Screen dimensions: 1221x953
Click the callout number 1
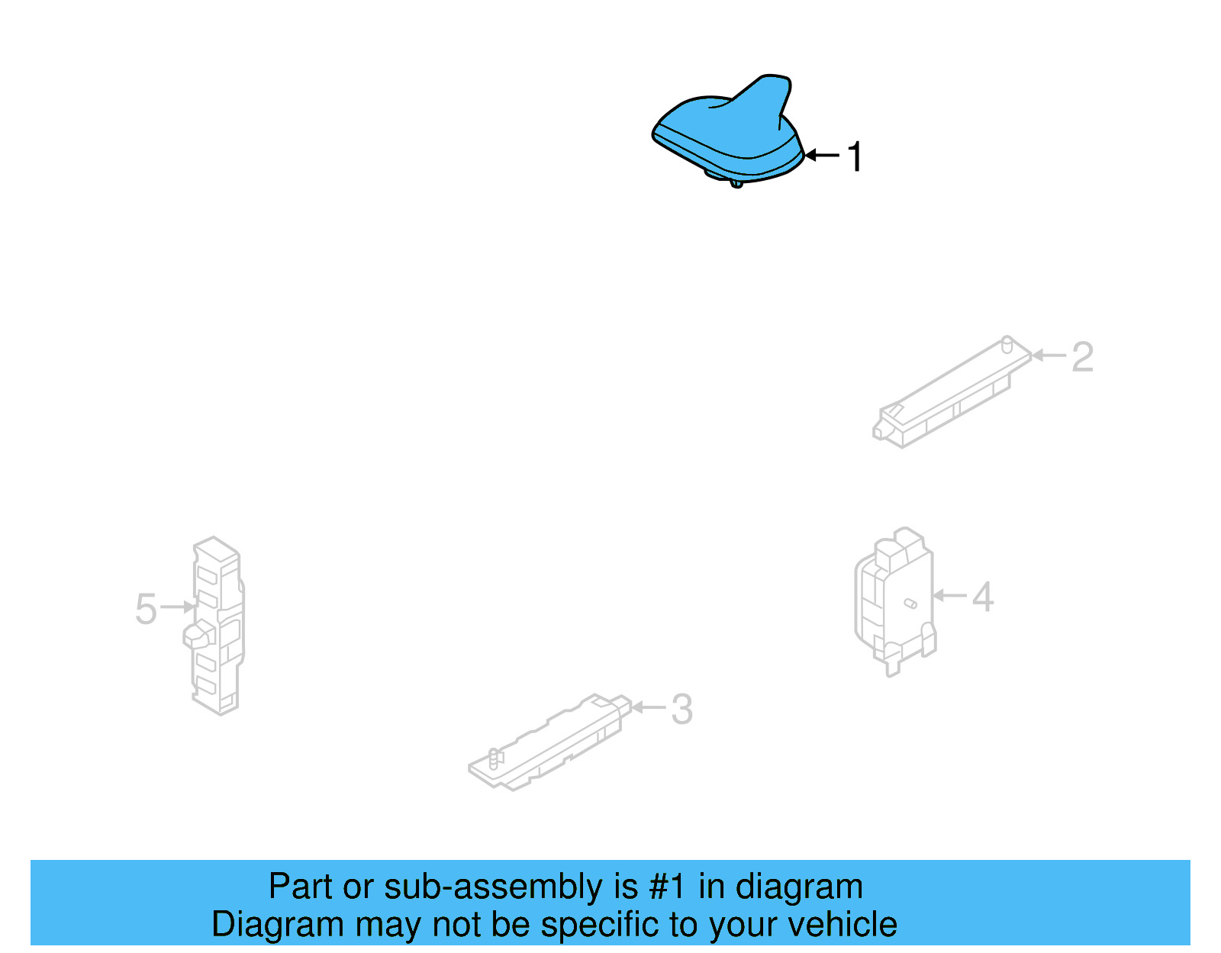[x=855, y=156]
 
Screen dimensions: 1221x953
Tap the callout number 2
[x=1082, y=357]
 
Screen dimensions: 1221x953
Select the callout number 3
[x=681, y=710]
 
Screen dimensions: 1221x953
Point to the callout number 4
[x=983, y=597]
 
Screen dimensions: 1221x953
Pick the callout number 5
[x=146, y=609]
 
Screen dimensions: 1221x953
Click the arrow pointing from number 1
[x=822, y=156]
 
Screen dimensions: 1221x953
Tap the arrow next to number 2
[x=1049, y=356]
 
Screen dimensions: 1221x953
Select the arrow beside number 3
[x=649, y=707]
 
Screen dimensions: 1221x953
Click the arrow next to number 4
[x=950, y=595]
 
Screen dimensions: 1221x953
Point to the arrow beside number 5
[x=179, y=607]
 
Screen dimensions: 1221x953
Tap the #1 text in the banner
[x=667, y=887]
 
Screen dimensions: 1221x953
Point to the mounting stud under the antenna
[x=736, y=182]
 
